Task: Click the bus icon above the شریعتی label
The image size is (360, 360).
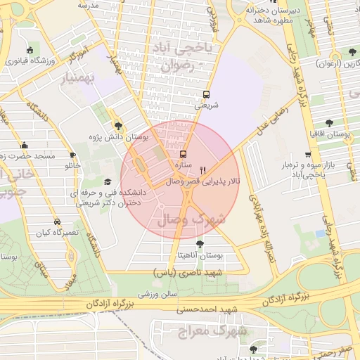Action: point(206,94)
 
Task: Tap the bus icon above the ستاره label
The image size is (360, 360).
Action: point(184,154)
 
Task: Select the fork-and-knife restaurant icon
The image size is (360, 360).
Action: point(203,169)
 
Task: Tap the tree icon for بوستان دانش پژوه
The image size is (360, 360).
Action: point(117,124)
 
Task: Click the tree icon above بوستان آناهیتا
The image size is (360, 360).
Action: point(200,244)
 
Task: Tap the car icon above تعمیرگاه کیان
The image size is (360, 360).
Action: point(57,221)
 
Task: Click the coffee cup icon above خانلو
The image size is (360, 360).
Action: point(72,155)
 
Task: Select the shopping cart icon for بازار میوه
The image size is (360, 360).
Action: point(308,155)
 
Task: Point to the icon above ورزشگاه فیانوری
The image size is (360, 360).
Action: point(30,50)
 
